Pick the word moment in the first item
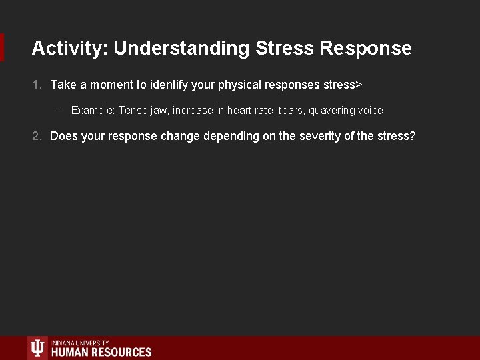pos(111,85)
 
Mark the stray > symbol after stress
pos(359,85)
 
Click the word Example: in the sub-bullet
pos(93,111)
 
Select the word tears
pos(290,111)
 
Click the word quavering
pos(331,111)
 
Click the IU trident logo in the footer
pos(38,349)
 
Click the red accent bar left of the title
pos(2,47)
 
